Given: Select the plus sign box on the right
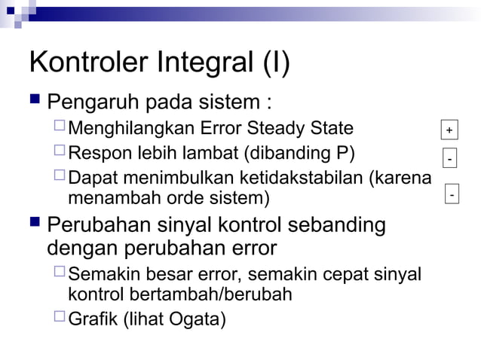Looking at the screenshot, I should pyautogui.click(x=449, y=130).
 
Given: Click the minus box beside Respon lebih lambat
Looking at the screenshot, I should pyautogui.click(x=449, y=160).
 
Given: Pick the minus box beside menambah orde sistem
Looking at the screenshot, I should pyautogui.click(x=452, y=195).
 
